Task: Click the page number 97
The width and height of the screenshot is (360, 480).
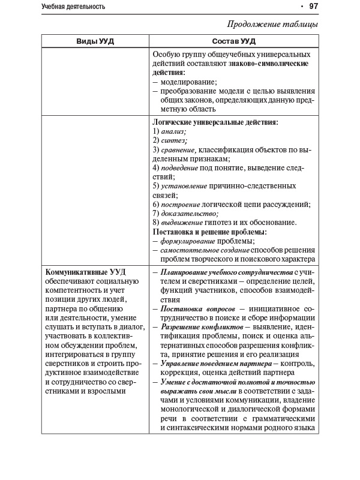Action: (x=313, y=7)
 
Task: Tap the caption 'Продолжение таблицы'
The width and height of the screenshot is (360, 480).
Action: (x=272, y=25)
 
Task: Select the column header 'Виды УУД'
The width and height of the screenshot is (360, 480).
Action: (x=95, y=41)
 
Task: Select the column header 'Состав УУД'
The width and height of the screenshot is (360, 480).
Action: (x=234, y=41)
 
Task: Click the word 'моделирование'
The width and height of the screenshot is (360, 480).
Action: (x=188, y=82)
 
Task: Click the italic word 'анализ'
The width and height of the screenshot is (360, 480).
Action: (x=174, y=131)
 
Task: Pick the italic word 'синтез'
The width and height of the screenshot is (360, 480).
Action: (x=174, y=140)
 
